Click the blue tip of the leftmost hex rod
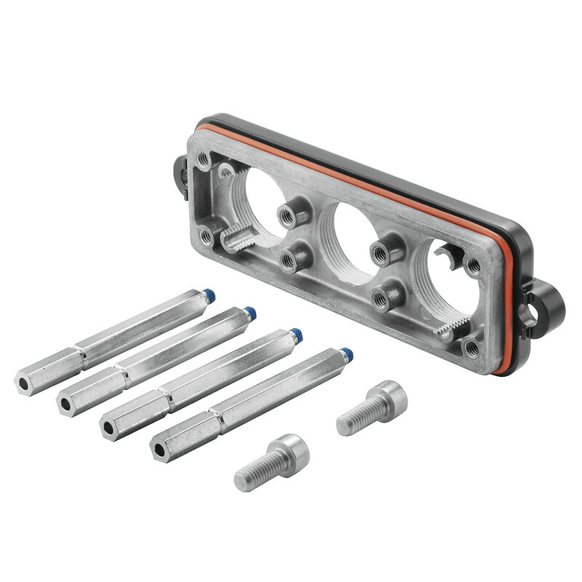click(210, 296)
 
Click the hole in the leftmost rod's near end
click(23, 381)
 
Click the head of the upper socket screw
click(388, 397)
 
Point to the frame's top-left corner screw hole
click(204, 157)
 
